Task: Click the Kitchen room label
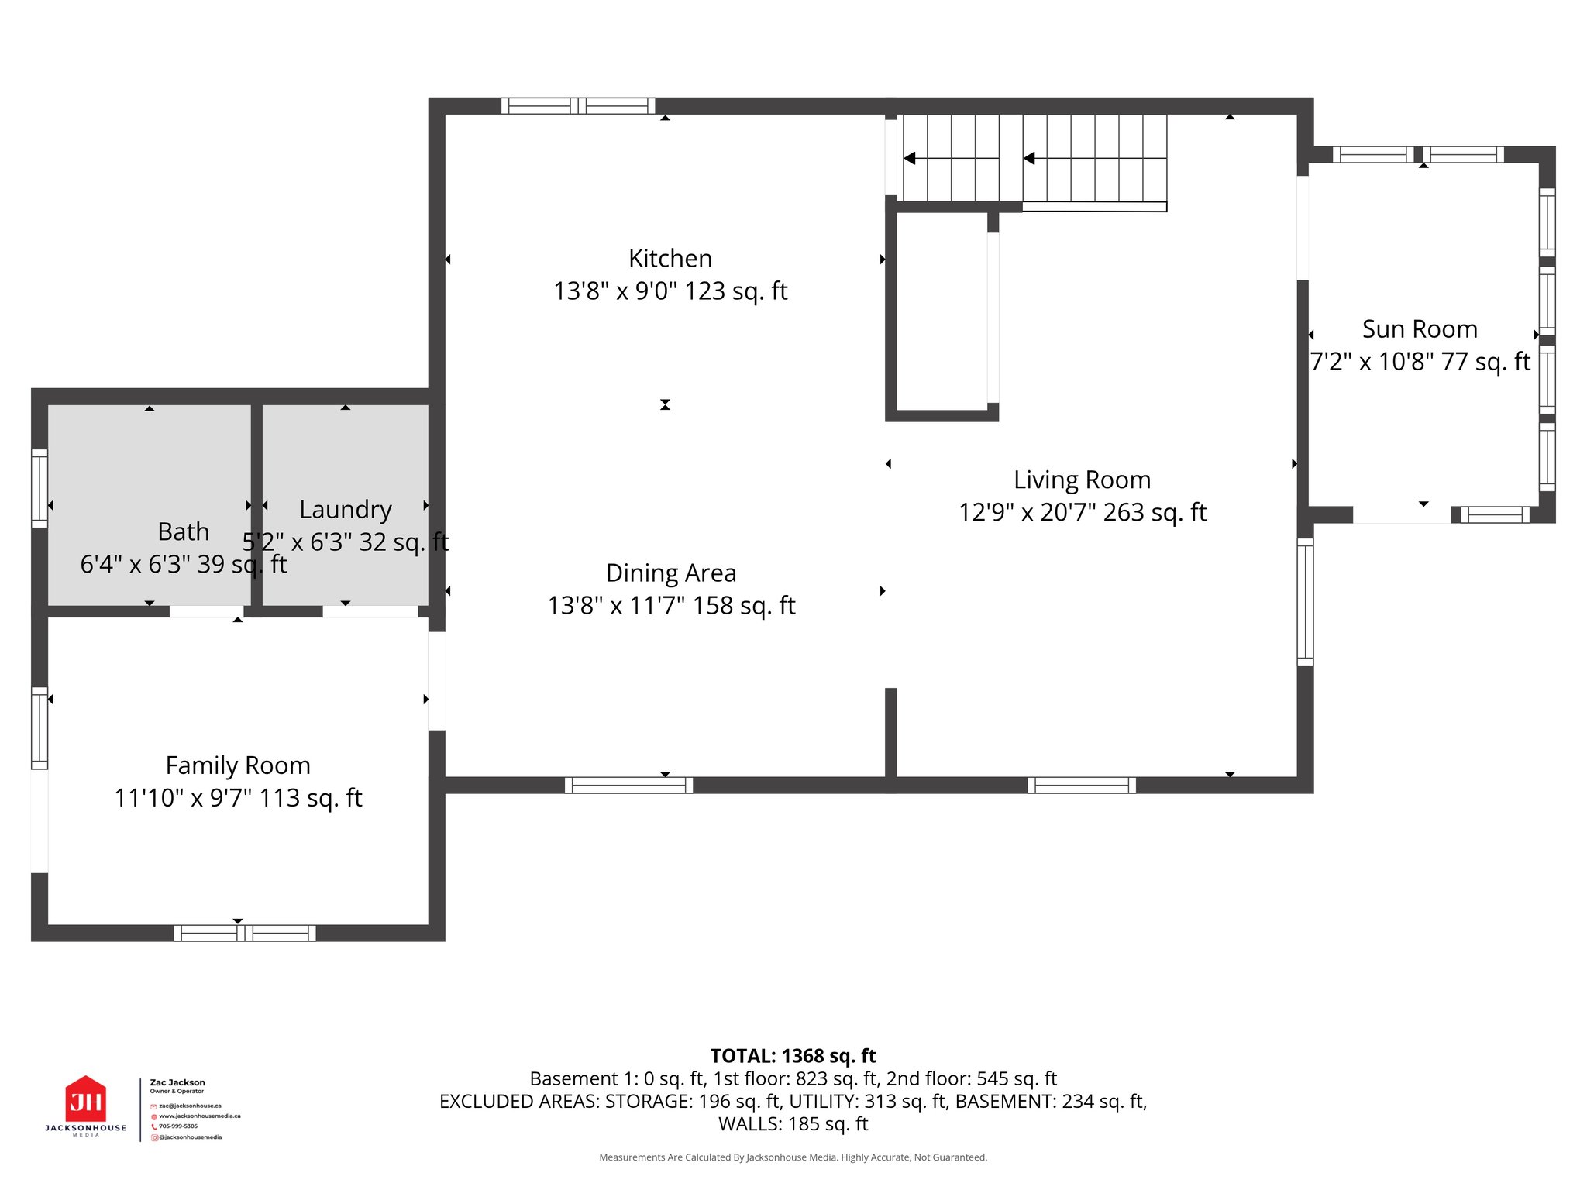[670, 258]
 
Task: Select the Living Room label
[1082, 480]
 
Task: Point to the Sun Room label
[1420, 328]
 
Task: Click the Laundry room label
[346, 509]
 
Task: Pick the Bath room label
[183, 531]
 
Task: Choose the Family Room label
[238, 765]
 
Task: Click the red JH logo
[85, 1100]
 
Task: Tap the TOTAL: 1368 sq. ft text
[793, 1056]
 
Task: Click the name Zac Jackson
[177, 1082]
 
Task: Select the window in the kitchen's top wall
[578, 106]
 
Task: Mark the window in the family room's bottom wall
[244, 933]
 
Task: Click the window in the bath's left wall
[40, 488]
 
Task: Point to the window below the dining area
[628, 785]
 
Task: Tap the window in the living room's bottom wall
[1082, 785]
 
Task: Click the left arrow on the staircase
[910, 158]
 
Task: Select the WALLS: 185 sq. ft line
[793, 1123]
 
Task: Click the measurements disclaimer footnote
[793, 1157]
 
